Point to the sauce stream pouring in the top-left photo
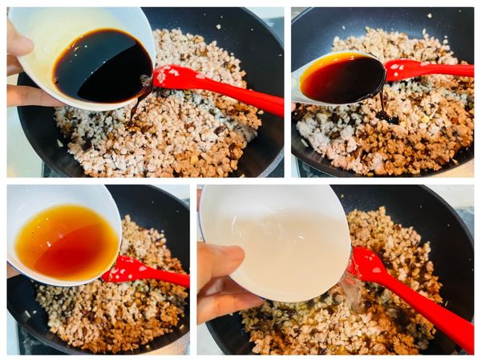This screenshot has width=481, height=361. tap(140, 100)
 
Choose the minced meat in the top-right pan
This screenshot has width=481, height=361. tap(401, 128)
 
